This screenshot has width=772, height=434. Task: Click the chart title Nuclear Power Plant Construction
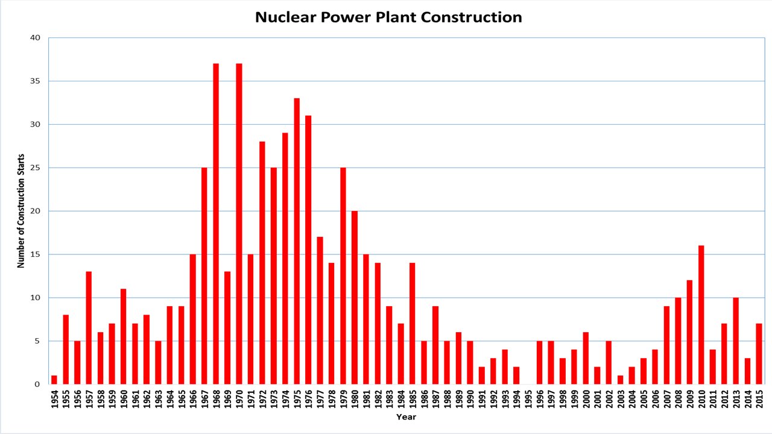click(388, 17)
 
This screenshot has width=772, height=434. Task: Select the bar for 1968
click(216, 224)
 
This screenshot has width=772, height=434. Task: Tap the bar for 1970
click(239, 224)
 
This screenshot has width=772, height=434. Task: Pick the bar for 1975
click(297, 241)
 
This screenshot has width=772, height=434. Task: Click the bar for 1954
click(54, 380)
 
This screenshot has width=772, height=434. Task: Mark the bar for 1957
click(89, 328)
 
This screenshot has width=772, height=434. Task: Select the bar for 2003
click(620, 380)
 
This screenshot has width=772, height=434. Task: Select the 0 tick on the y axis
click(37, 384)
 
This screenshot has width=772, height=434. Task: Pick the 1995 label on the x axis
click(528, 399)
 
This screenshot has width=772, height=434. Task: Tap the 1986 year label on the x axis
click(424, 399)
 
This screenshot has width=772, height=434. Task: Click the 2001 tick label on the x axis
click(597, 399)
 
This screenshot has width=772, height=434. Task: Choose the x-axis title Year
click(406, 417)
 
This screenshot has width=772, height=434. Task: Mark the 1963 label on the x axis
click(158, 399)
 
